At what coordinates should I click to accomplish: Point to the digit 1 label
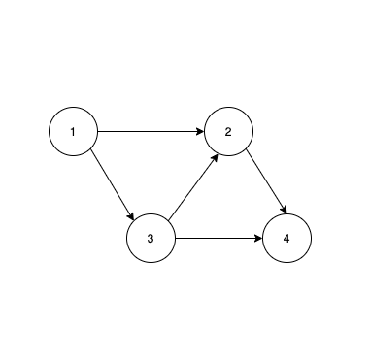click(73, 131)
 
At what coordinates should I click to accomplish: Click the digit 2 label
click(228, 131)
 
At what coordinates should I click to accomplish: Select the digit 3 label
click(151, 238)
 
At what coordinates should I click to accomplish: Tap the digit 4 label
click(286, 238)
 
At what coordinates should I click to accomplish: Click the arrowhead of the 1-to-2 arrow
click(199, 131)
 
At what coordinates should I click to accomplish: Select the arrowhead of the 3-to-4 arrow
click(257, 238)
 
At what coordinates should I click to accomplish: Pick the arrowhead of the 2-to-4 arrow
click(284, 211)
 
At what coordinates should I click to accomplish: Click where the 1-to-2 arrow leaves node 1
click(97, 131)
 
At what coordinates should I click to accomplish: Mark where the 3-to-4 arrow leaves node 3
click(175, 238)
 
